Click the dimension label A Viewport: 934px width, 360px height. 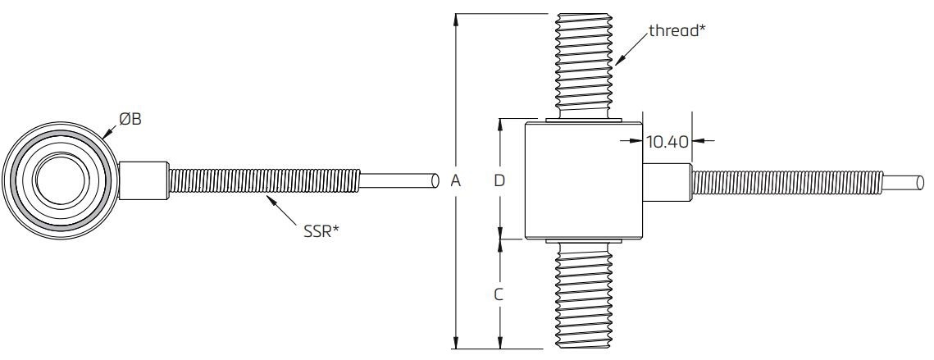456,181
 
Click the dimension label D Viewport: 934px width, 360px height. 499,181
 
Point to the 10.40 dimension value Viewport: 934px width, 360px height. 666,141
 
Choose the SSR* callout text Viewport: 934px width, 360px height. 319,231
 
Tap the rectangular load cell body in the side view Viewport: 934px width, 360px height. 583,180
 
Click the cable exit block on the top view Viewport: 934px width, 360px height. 145,181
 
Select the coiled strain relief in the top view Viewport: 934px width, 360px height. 262,181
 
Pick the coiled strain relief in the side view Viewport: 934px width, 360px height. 787,181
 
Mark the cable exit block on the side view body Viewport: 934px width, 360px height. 666,181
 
